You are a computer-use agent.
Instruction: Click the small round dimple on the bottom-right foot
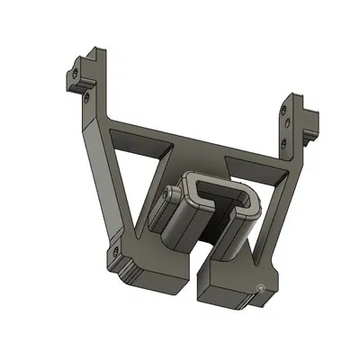pos(262,288)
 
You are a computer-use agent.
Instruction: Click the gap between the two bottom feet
pos(195,270)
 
